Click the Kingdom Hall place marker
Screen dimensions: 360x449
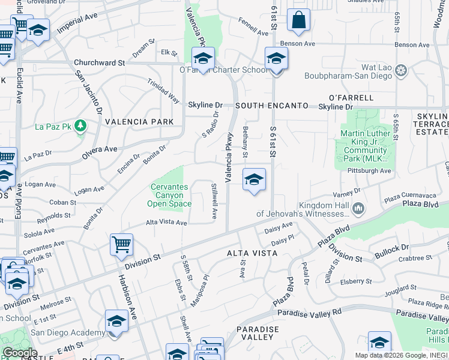click(358, 208)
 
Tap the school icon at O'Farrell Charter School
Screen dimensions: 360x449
click(203, 59)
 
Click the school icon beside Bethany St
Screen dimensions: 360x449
click(254, 179)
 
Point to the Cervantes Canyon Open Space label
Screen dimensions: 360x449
click(169, 196)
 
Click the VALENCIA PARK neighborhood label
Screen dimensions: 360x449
click(139, 122)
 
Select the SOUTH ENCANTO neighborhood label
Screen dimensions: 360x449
click(270, 106)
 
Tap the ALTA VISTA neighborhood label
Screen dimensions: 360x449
click(252, 253)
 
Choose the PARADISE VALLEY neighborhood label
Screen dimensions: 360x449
click(258, 334)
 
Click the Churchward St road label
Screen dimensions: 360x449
click(99, 62)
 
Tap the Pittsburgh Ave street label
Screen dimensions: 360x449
click(369, 171)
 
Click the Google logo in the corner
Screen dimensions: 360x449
click(19, 352)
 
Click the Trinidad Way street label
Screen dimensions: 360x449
click(164, 90)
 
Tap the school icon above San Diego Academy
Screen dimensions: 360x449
click(116, 320)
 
